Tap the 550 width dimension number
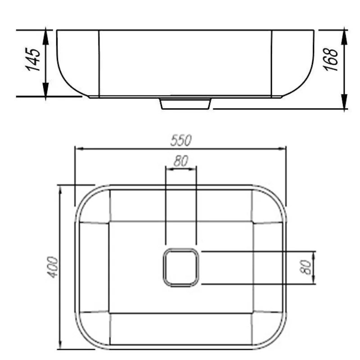(181, 140)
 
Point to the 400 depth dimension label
(53, 267)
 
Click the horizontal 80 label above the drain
(181, 161)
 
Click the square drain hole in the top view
(181, 267)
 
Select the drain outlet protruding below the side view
(185, 103)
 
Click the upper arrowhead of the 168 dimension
(344, 36)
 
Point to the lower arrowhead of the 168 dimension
(344, 104)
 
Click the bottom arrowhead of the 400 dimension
(60, 344)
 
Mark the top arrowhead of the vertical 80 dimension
(314, 255)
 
